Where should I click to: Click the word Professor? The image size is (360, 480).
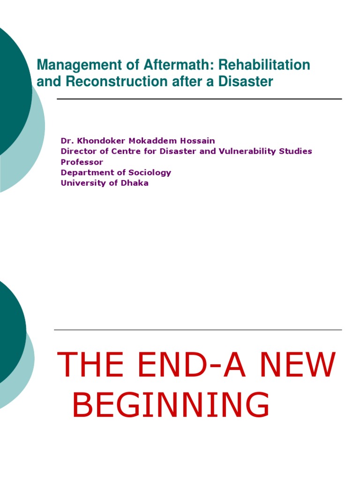[x=82, y=162]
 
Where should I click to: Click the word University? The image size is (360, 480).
[x=81, y=183]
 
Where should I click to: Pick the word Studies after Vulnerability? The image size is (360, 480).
[x=297, y=151]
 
